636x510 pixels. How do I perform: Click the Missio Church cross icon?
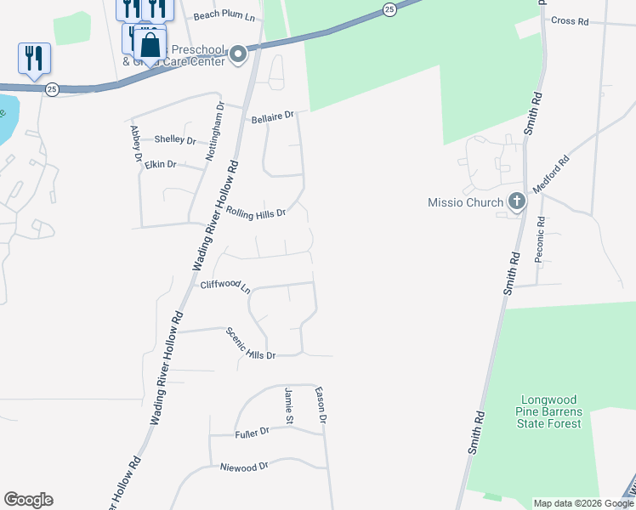point(516,202)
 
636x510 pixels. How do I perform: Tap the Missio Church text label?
point(466,202)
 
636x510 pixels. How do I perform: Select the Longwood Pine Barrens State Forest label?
point(551,411)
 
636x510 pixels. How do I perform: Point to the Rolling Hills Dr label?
point(255,211)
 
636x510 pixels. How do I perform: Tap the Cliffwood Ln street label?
point(225,286)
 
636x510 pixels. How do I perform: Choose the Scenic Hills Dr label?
point(251,344)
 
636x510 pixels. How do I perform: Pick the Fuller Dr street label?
point(252,433)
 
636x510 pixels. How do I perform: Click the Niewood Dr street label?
point(244,466)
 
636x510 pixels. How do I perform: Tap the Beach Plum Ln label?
point(224,16)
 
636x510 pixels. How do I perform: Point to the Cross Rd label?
point(570,20)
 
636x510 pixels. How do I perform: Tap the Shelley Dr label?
point(175,140)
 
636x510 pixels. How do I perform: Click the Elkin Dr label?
point(160,164)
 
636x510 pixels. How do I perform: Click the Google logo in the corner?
point(28,500)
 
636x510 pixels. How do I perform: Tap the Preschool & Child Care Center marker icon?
point(238,56)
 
